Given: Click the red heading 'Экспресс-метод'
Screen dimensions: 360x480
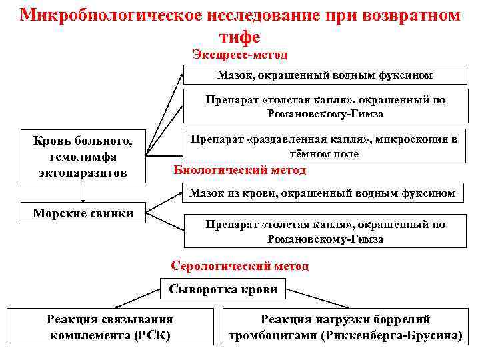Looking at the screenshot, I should [x=240, y=54].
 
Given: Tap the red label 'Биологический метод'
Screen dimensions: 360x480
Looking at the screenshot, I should [x=240, y=170].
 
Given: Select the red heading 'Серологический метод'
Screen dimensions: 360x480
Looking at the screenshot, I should [x=240, y=266].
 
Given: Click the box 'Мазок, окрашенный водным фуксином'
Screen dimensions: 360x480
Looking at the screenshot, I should [x=325, y=75].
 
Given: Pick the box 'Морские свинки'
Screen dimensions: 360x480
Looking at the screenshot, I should [x=83, y=213].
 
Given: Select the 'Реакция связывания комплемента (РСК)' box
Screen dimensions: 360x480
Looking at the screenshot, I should [x=110, y=327].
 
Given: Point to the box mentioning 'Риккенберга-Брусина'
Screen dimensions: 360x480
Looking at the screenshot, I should [x=345, y=327].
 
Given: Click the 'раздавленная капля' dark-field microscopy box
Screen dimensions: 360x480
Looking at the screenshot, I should [x=325, y=147].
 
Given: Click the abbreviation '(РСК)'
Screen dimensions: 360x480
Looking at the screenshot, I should [x=153, y=335].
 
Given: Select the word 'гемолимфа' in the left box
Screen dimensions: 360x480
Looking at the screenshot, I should [x=83, y=157].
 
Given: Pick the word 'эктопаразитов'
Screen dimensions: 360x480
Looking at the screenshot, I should [x=83, y=173].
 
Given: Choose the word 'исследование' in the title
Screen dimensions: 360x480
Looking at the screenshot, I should [x=256, y=15].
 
